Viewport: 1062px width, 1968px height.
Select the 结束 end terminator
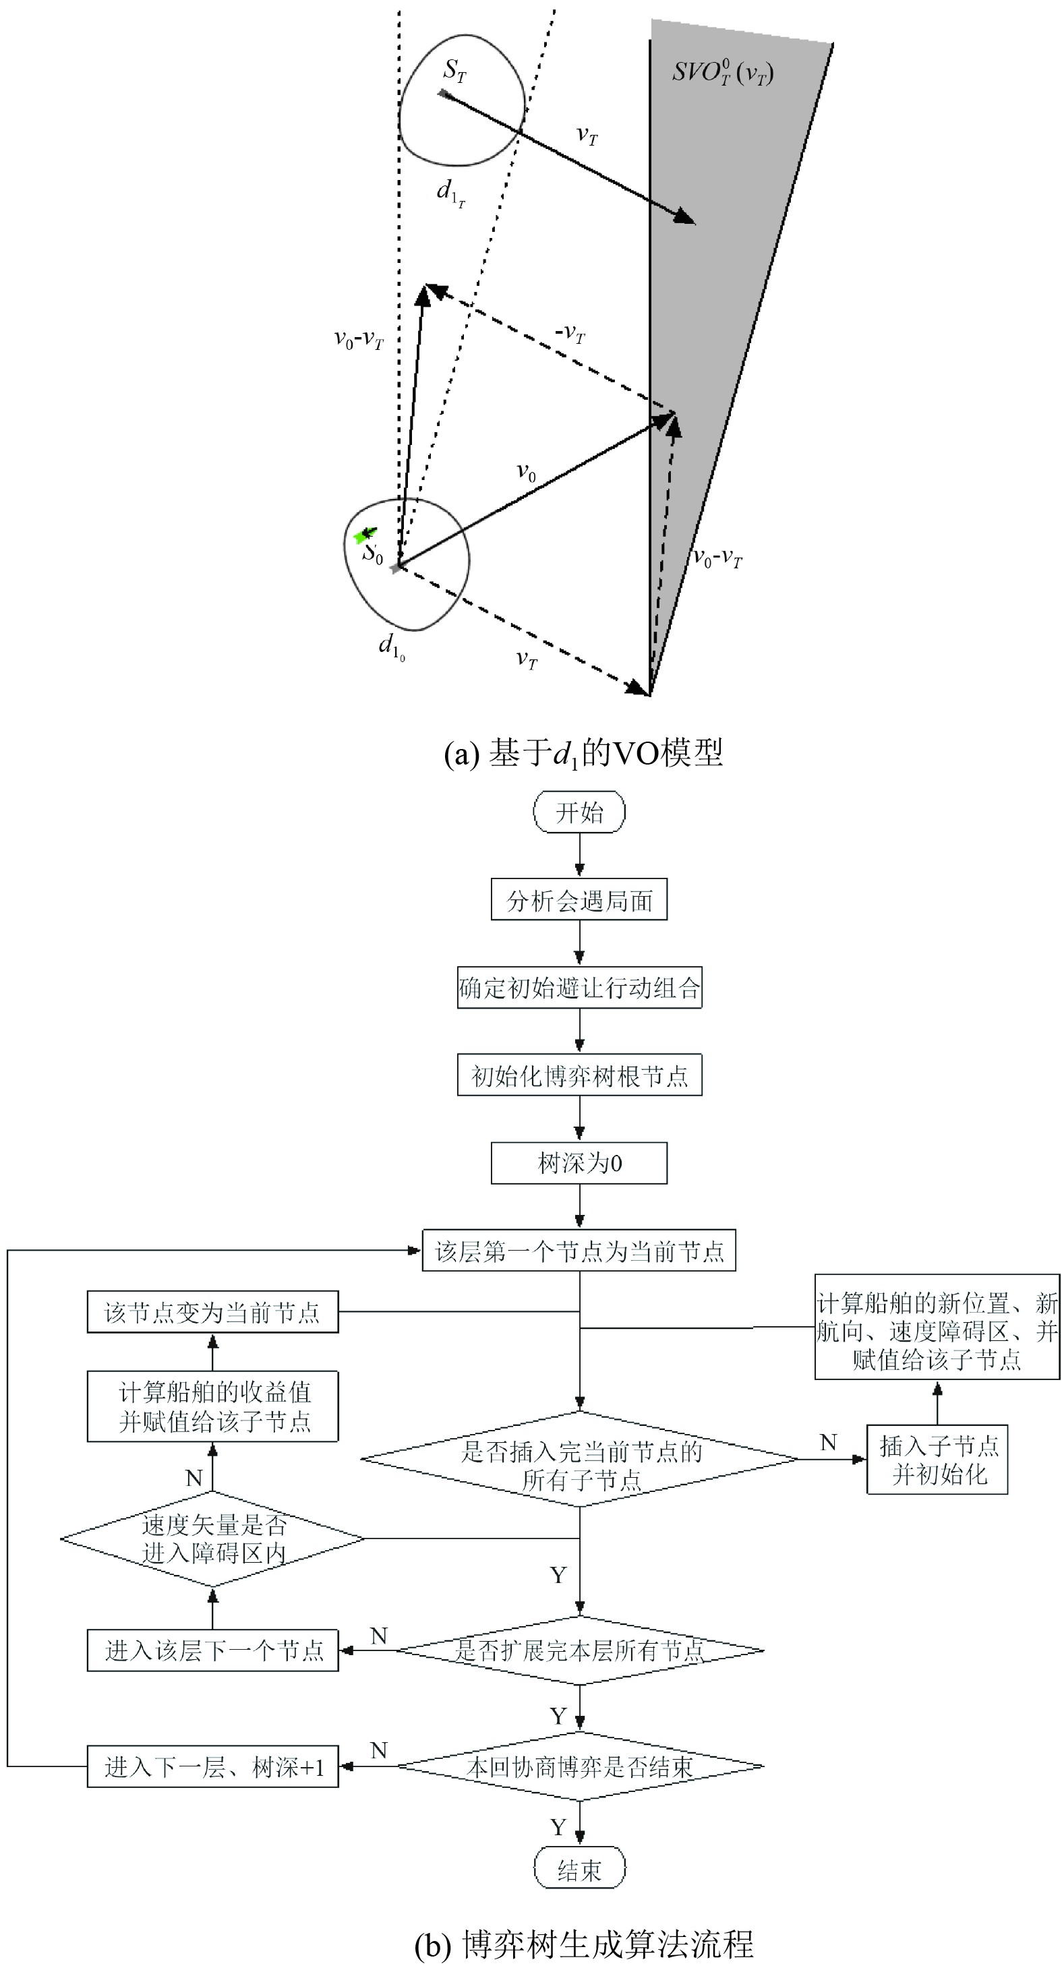click(x=579, y=1870)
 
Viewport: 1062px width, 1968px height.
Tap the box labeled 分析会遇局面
click(x=579, y=900)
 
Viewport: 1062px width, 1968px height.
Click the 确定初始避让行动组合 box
click(x=579, y=988)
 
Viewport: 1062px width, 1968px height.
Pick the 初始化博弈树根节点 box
click(x=579, y=1075)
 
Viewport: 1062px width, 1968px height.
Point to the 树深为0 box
click(x=579, y=1163)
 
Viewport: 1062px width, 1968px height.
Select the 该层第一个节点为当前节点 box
click(x=579, y=1251)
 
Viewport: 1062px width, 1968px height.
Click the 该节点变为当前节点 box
click(x=212, y=1312)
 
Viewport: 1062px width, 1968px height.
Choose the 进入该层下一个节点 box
click(x=212, y=1650)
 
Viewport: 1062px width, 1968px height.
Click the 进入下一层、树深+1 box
click(x=212, y=1766)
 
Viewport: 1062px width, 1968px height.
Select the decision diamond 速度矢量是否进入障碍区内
click(x=212, y=1539)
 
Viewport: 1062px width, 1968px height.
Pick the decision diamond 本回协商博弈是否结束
click(x=579, y=1766)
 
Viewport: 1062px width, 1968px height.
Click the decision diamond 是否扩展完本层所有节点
click(x=579, y=1650)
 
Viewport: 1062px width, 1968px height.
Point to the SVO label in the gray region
click(x=722, y=73)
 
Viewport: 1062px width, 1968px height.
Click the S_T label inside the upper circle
click(x=454, y=71)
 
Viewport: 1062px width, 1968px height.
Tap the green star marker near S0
click(x=362, y=535)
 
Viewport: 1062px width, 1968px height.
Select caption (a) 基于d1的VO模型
click(x=583, y=753)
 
